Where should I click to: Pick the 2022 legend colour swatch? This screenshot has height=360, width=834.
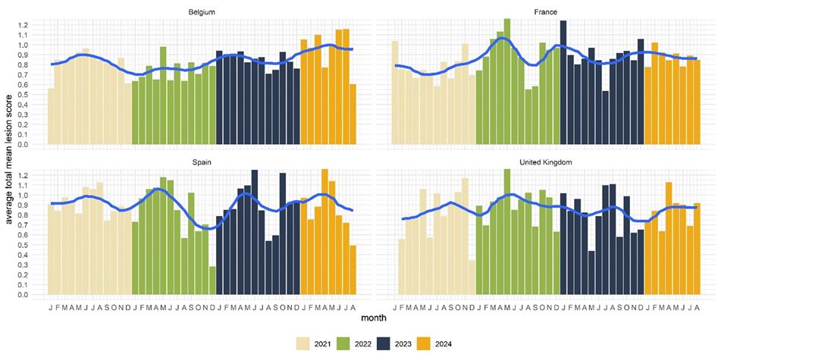[x=346, y=344]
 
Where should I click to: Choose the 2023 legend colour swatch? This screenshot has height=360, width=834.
[x=389, y=344]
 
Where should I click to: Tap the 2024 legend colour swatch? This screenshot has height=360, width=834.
[x=432, y=344]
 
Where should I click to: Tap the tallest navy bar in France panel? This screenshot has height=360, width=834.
[x=563, y=83]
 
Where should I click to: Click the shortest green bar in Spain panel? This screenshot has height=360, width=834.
[x=212, y=280]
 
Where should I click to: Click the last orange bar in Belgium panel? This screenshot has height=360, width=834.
[x=353, y=114]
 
